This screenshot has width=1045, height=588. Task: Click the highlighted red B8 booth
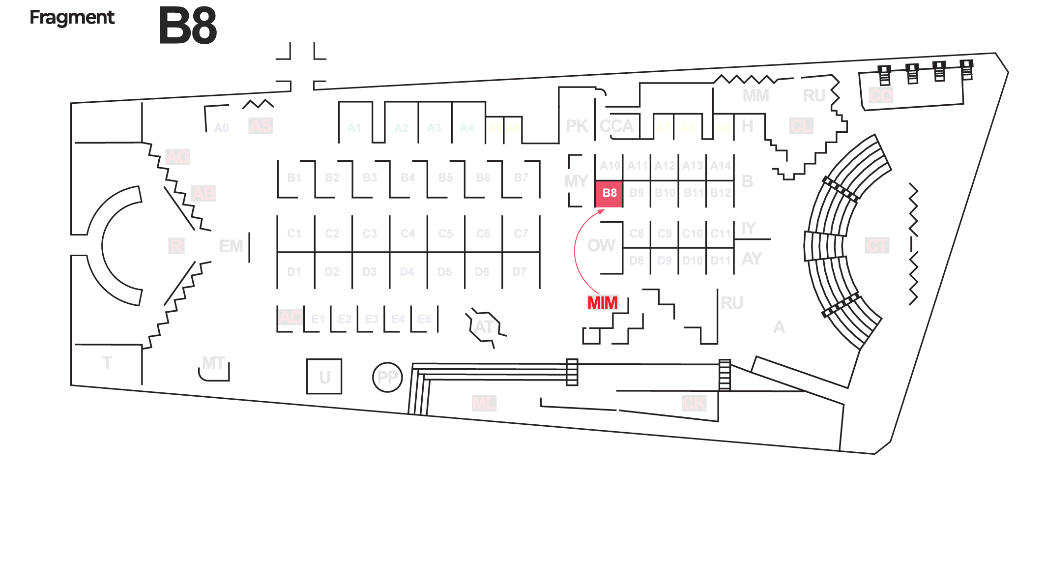[x=609, y=193]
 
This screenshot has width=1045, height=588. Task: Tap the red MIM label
[x=603, y=303]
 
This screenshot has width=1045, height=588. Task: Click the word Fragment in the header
[x=72, y=18]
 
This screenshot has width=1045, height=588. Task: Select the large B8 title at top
[x=187, y=26]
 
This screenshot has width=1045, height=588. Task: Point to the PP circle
[x=387, y=377]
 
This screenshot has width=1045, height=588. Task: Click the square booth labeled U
[x=324, y=377]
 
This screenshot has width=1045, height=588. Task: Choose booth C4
[x=407, y=234]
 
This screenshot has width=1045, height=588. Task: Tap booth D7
[x=520, y=271]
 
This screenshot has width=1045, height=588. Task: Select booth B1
[x=294, y=178]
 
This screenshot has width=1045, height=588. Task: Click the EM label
[x=231, y=246]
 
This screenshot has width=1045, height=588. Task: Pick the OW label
[x=601, y=245]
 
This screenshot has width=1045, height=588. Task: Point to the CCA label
[x=617, y=126]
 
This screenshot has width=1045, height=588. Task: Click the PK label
[x=577, y=126]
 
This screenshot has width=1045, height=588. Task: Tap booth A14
[x=720, y=166]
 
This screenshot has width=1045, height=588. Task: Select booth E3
[x=372, y=319]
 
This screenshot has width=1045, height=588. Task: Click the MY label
[x=576, y=181]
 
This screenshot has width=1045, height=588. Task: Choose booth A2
[x=401, y=128]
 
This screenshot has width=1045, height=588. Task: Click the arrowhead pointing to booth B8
[x=602, y=211]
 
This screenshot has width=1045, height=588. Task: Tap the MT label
[x=213, y=363]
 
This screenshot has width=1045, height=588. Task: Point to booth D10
[x=693, y=261]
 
